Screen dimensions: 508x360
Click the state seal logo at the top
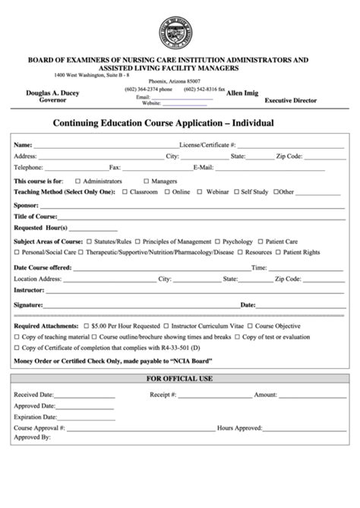pos(180,31)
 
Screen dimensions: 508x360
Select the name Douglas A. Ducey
pos(52,93)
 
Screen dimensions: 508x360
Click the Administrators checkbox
pos(77,181)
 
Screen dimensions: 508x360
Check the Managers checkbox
pos(145,181)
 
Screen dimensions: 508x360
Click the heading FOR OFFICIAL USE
pos(180,378)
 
